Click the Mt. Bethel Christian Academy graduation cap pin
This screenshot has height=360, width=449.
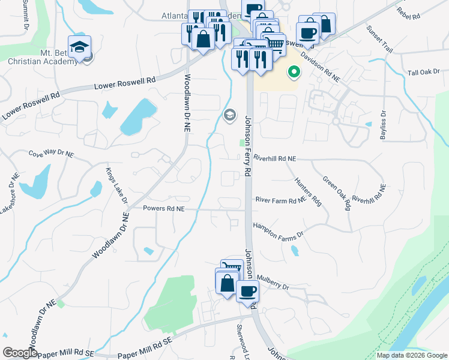[79, 47]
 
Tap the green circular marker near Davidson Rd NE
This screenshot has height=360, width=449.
[294, 73]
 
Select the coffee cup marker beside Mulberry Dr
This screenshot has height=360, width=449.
[247, 292]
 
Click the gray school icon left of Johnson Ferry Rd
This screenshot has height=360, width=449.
[229, 115]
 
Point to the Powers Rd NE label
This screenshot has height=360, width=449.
[163, 209]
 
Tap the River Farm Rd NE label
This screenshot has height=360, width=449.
[280, 201]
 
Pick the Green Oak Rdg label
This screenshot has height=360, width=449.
[336, 193]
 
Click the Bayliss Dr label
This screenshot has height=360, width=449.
[383, 125]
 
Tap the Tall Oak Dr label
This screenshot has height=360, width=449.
[424, 72]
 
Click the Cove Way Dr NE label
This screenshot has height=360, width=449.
[51, 154]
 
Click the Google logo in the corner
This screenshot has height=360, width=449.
[20, 353]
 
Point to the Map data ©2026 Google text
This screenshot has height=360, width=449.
[412, 355]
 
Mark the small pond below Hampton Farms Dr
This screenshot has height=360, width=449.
[295, 251]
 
